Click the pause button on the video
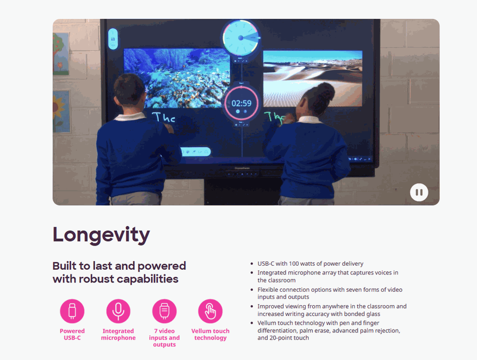(x=419, y=192)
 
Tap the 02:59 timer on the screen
(x=242, y=104)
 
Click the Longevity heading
(x=101, y=235)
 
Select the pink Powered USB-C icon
(x=72, y=311)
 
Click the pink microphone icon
(x=118, y=311)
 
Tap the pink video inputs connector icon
(x=164, y=311)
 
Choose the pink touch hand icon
(x=210, y=311)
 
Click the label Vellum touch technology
(x=210, y=334)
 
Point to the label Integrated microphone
(x=118, y=334)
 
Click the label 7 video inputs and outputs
(x=164, y=338)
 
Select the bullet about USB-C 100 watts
(x=310, y=264)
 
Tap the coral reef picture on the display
(x=176, y=78)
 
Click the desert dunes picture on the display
(x=313, y=78)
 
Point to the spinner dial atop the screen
(x=241, y=38)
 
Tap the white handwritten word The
(x=164, y=117)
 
